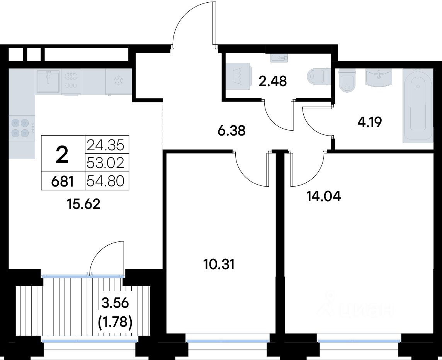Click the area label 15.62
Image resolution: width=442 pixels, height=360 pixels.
click(x=84, y=204)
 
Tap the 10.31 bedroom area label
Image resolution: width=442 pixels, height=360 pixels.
click(x=219, y=265)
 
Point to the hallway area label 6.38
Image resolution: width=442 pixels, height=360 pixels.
click(x=232, y=131)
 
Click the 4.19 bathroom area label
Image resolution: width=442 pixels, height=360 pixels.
click(x=369, y=122)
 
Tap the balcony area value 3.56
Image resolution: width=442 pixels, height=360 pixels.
click(x=115, y=303)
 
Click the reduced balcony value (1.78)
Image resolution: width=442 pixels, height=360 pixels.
click(x=115, y=322)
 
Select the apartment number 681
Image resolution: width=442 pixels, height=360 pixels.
click(x=63, y=181)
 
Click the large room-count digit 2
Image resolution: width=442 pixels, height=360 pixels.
click(x=62, y=155)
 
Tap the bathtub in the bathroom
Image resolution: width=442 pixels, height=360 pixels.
click(x=418, y=106)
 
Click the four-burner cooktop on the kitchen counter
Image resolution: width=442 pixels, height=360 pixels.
click(x=22, y=128)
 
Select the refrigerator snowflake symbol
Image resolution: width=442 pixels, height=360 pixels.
click(x=118, y=81)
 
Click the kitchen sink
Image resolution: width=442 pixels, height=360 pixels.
click(x=48, y=81)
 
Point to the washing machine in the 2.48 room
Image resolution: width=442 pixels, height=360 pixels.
click(x=238, y=76)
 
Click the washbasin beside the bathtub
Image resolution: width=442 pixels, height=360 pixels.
click(x=379, y=77)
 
